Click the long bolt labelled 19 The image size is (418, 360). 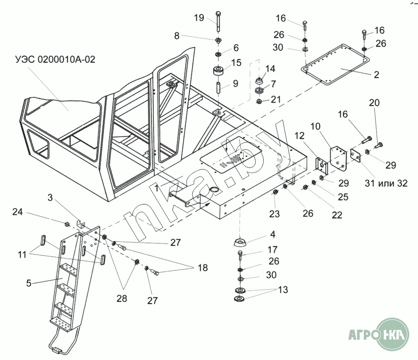[x=218, y=22]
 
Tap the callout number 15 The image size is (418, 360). [x=236, y=63]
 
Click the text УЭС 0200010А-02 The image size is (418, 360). [x=56, y=59]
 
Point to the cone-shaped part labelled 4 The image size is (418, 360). [x=240, y=242]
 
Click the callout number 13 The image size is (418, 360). [x=283, y=289]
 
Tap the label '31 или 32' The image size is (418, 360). [x=386, y=183]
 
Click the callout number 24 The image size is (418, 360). [x=18, y=212]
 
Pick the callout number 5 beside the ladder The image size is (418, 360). [x=29, y=283]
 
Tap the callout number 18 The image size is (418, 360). [x=203, y=267]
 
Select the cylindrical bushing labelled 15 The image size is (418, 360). [x=219, y=71]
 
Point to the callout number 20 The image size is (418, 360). [x=374, y=103]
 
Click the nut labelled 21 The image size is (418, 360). [x=259, y=101]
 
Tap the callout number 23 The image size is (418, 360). [x=274, y=214]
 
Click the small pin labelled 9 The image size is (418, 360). [x=218, y=88]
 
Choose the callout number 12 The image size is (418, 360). [x=299, y=136]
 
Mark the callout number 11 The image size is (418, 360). [x=22, y=255]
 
